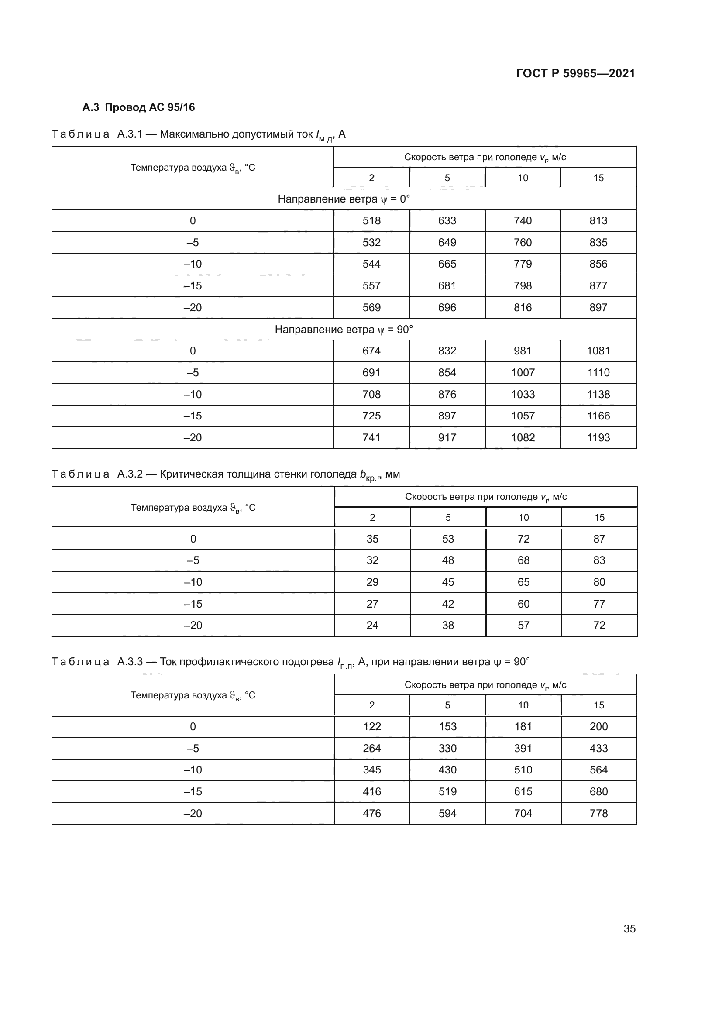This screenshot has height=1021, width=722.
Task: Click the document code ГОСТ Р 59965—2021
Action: pyautogui.click(x=575, y=73)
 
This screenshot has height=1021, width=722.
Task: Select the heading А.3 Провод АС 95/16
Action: pyautogui.click(x=138, y=107)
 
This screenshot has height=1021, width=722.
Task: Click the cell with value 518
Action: pyautogui.click(x=371, y=220)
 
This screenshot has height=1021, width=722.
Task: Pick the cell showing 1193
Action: pyautogui.click(x=598, y=437)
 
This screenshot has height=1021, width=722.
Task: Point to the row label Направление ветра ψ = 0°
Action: pyautogui.click(x=344, y=199)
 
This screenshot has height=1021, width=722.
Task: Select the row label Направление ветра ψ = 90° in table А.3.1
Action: pyautogui.click(x=344, y=330)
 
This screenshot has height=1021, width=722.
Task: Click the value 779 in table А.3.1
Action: pyautogui.click(x=523, y=264)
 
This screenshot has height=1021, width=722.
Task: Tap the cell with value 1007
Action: pyautogui.click(x=523, y=373)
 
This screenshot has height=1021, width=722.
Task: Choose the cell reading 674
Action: pyautogui.click(x=371, y=351)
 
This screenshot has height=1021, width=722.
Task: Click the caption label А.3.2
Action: pyautogui.click(x=130, y=474)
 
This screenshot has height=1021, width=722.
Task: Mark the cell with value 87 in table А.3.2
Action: pyautogui.click(x=599, y=539)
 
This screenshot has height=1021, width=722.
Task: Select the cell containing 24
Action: pyautogui.click(x=372, y=625)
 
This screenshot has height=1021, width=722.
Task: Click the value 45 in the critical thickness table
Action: pyautogui.click(x=448, y=582)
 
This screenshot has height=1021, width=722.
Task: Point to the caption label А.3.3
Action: pyautogui.click(x=130, y=662)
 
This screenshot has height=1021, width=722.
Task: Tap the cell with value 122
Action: pyautogui.click(x=371, y=727)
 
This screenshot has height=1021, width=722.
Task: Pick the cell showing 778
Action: pyautogui.click(x=598, y=813)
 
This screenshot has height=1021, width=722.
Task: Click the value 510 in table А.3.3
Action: pyautogui.click(x=523, y=770)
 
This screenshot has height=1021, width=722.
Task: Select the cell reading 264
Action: pyautogui.click(x=371, y=749)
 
